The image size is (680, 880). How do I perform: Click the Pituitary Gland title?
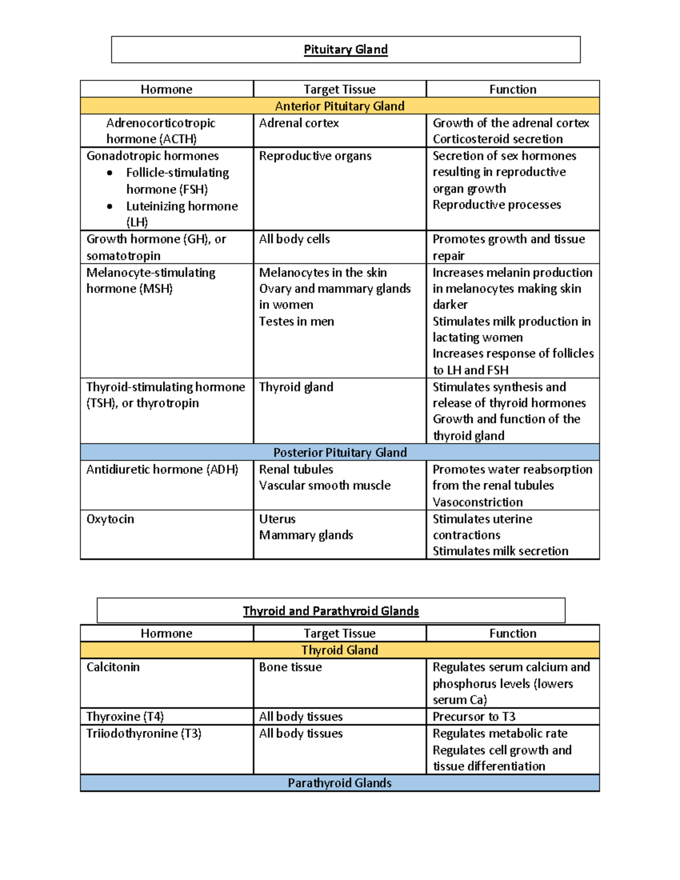[x=346, y=50]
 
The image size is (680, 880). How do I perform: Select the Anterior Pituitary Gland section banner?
[x=339, y=106]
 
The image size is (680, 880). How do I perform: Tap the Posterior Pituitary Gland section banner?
[x=339, y=452]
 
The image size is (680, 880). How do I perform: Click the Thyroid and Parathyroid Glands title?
[x=331, y=611]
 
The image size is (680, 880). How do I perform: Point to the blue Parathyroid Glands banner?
[x=339, y=783]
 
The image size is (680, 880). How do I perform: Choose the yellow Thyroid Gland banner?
[x=339, y=650]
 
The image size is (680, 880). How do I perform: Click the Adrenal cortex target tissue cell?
[x=299, y=123]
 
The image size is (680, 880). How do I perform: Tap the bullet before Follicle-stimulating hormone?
[x=109, y=173]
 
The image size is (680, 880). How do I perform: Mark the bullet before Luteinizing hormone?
[x=109, y=206]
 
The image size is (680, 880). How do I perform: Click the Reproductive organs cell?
[x=315, y=156]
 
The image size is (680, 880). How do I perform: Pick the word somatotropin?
[x=124, y=256]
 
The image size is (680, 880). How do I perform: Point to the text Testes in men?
[x=296, y=321]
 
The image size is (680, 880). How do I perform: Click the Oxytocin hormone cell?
[x=110, y=519]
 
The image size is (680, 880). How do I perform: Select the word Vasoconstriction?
[x=478, y=502]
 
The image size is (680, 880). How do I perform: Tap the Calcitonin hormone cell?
[x=113, y=667]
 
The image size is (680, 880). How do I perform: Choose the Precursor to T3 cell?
[x=474, y=717]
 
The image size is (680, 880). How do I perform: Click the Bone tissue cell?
[x=290, y=667]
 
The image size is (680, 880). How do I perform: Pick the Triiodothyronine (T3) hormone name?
[x=143, y=734]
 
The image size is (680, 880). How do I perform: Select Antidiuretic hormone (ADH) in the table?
[x=162, y=470]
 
